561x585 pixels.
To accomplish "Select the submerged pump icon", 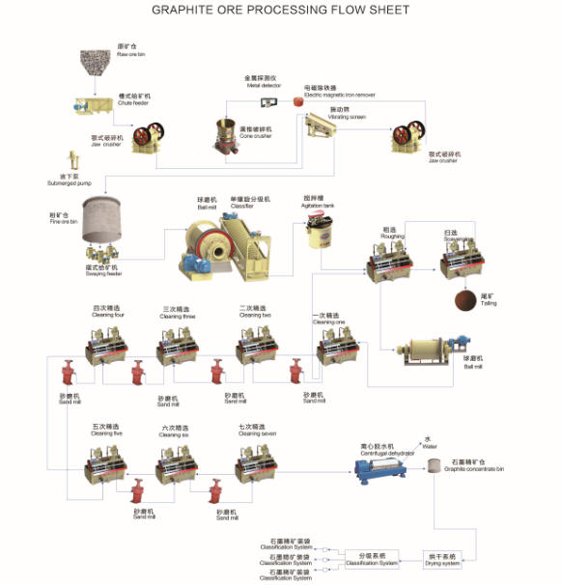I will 73,159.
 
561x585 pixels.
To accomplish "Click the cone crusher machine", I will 228,136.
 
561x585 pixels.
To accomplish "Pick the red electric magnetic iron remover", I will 298,102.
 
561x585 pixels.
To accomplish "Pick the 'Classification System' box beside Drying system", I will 371,557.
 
